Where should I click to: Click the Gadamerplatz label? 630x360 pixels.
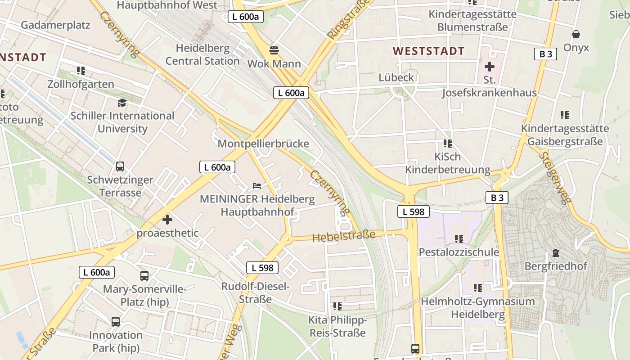(55, 25)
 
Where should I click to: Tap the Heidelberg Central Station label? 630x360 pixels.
(202, 54)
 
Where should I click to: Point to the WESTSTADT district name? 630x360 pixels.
(428, 51)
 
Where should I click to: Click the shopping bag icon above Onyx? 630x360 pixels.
(576, 34)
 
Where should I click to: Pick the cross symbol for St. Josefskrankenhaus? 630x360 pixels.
(489, 67)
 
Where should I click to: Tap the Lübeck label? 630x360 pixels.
(396, 77)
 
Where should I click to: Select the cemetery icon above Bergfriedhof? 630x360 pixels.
(556, 253)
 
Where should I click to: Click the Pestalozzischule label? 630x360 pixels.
(459, 252)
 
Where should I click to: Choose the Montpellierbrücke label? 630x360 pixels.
(263, 144)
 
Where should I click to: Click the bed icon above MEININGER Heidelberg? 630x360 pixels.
(256, 185)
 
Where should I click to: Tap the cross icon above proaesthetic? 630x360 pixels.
(167, 220)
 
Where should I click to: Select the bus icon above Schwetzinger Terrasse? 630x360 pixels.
(120, 166)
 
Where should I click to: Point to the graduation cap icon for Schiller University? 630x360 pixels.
(122, 103)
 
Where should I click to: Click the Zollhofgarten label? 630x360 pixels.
(81, 84)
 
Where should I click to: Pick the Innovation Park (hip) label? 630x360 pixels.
(116, 342)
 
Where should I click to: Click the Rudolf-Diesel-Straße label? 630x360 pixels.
(256, 292)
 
